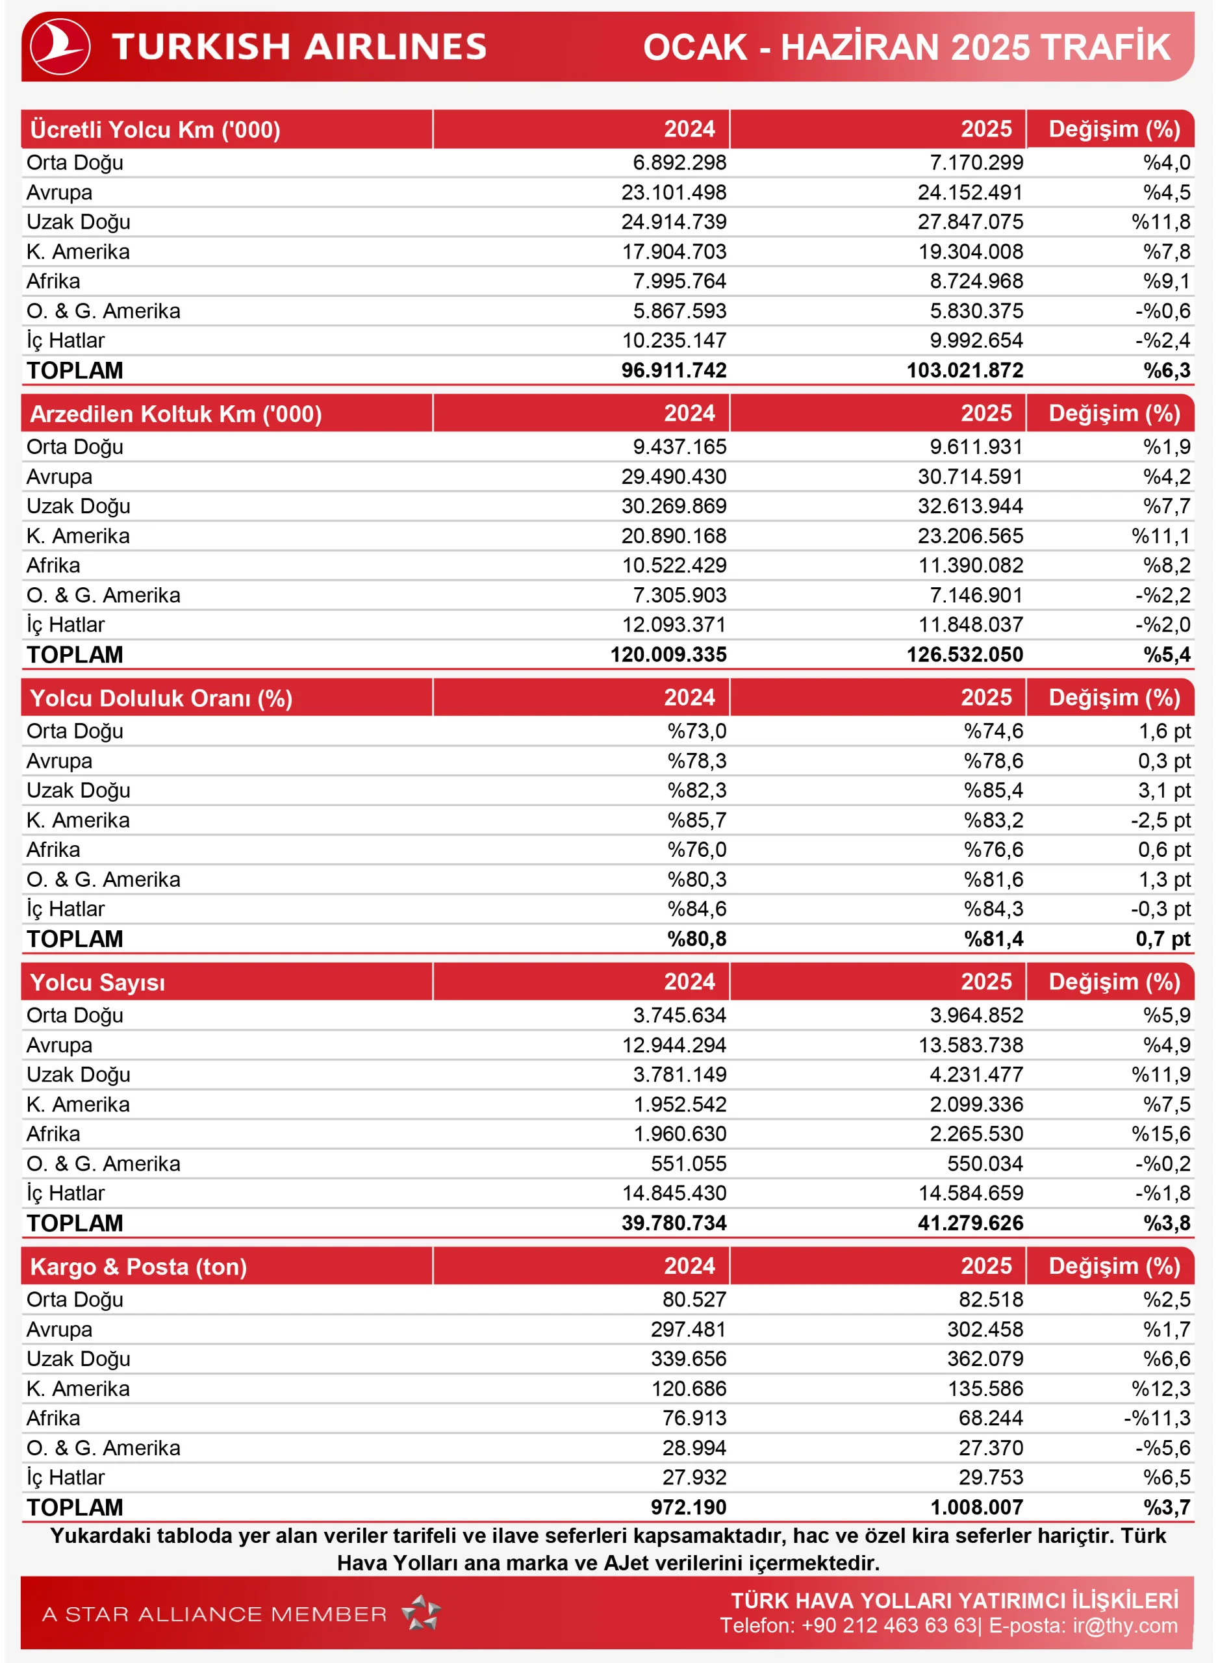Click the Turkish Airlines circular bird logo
[60, 47]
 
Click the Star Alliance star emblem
[422, 1613]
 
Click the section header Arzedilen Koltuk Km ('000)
[176, 414]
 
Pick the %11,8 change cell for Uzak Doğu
[1160, 222]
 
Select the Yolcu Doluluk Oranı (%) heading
[161, 699]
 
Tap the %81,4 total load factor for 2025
[993, 939]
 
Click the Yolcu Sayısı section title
[97, 983]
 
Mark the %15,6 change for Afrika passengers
[1160, 1134]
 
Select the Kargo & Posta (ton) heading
[138, 1267]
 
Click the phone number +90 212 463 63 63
[888, 1626]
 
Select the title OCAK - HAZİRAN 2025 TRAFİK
[906, 47]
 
